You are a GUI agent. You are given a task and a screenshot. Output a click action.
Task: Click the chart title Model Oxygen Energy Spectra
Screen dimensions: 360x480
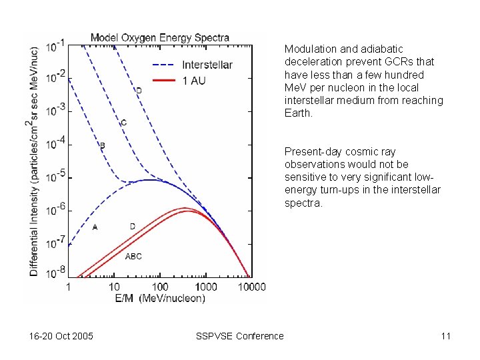pyautogui.click(x=159, y=38)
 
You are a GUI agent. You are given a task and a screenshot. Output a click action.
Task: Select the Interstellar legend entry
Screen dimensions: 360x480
pyautogui.click(x=207, y=65)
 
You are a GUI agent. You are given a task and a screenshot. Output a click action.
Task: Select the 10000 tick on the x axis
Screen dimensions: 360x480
pyautogui.click(x=251, y=287)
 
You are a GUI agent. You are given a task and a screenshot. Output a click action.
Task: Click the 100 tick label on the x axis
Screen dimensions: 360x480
pyautogui.click(x=160, y=287)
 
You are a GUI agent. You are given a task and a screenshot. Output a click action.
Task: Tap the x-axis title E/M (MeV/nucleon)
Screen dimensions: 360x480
pyautogui.click(x=159, y=298)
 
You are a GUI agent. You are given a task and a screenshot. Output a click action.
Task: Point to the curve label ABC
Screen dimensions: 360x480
pyautogui.click(x=133, y=256)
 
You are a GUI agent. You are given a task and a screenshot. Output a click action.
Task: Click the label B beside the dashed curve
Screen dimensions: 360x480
pyautogui.click(x=102, y=145)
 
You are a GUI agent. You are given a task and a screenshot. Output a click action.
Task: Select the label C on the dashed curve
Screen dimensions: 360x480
pyautogui.click(x=123, y=123)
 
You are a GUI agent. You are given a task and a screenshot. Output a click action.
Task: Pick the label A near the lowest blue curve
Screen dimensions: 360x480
pyautogui.click(x=95, y=227)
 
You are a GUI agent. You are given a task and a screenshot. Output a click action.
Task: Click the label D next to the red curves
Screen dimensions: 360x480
pyautogui.click(x=132, y=227)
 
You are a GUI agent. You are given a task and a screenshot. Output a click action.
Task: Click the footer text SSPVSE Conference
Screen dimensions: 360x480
pyautogui.click(x=239, y=336)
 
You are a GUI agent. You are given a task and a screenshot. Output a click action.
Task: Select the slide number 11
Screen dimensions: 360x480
pyautogui.click(x=445, y=336)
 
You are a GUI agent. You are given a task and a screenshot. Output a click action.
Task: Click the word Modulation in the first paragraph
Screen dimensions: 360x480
pyautogui.click(x=308, y=49)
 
